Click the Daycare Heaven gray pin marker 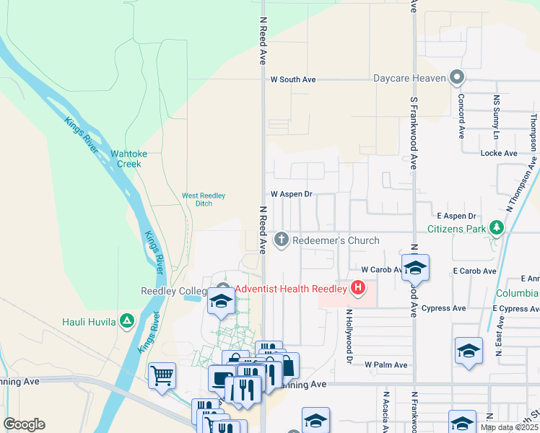pyautogui.click(x=456, y=77)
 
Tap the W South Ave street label pyautogui.click(x=293, y=79)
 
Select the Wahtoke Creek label pyautogui.click(x=126, y=159)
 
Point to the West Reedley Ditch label pyautogui.click(x=204, y=199)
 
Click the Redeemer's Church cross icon pyautogui.click(x=282, y=239)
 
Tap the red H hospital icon pyautogui.click(x=357, y=289)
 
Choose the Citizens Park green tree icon pyautogui.click(x=496, y=229)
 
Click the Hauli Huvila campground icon pyautogui.click(x=127, y=320)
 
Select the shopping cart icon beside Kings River pyautogui.click(x=162, y=375)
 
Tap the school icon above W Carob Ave pyautogui.click(x=415, y=268)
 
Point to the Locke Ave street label pyautogui.click(x=499, y=154)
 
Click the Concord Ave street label pyautogui.click(x=461, y=115)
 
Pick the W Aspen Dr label pyautogui.click(x=291, y=194)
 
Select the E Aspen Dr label pyautogui.click(x=456, y=216)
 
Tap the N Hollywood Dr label pyautogui.click(x=348, y=336)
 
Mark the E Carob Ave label pyautogui.click(x=474, y=271)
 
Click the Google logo pyautogui.click(x=24, y=424)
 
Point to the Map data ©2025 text pyautogui.click(x=510, y=428)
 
